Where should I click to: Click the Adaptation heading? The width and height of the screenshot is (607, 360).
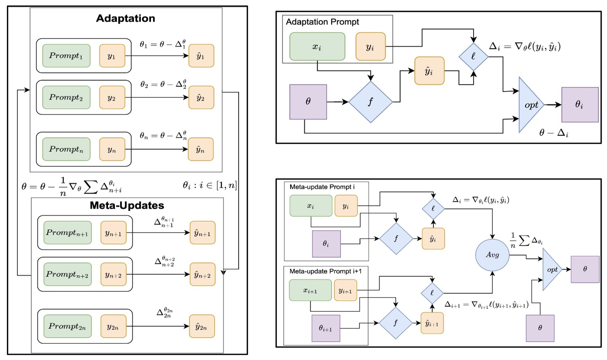[x=125, y=19]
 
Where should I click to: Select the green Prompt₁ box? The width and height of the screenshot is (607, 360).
[x=66, y=56]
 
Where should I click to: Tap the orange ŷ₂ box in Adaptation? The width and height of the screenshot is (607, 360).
[x=201, y=97]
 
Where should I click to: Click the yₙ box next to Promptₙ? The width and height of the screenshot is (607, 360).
[x=112, y=149]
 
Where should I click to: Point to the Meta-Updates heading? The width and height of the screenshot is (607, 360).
[x=127, y=205]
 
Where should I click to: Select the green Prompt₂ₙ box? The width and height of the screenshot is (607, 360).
[x=67, y=326]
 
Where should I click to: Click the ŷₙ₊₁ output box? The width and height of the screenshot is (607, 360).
[x=202, y=233]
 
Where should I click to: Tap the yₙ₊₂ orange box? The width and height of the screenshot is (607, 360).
[x=113, y=275]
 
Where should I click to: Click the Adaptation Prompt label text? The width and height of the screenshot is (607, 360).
[x=322, y=22]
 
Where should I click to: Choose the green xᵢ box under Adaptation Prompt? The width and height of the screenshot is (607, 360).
[x=317, y=47]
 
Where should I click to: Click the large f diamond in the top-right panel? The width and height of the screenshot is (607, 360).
[x=370, y=102]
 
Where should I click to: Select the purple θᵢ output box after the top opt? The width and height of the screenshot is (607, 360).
[x=579, y=105]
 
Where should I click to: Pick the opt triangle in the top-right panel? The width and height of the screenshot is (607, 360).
[x=529, y=105]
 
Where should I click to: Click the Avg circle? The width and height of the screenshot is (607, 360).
[x=492, y=255]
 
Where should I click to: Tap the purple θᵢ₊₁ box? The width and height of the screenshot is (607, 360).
[x=325, y=328]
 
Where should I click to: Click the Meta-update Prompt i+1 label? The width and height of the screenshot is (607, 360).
[x=325, y=271]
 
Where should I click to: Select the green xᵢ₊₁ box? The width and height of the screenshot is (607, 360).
[x=310, y=290]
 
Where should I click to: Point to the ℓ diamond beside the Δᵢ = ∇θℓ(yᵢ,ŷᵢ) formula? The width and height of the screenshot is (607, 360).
[x=473, y=56]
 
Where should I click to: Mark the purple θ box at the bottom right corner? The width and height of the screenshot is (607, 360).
[x=540, y=328]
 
